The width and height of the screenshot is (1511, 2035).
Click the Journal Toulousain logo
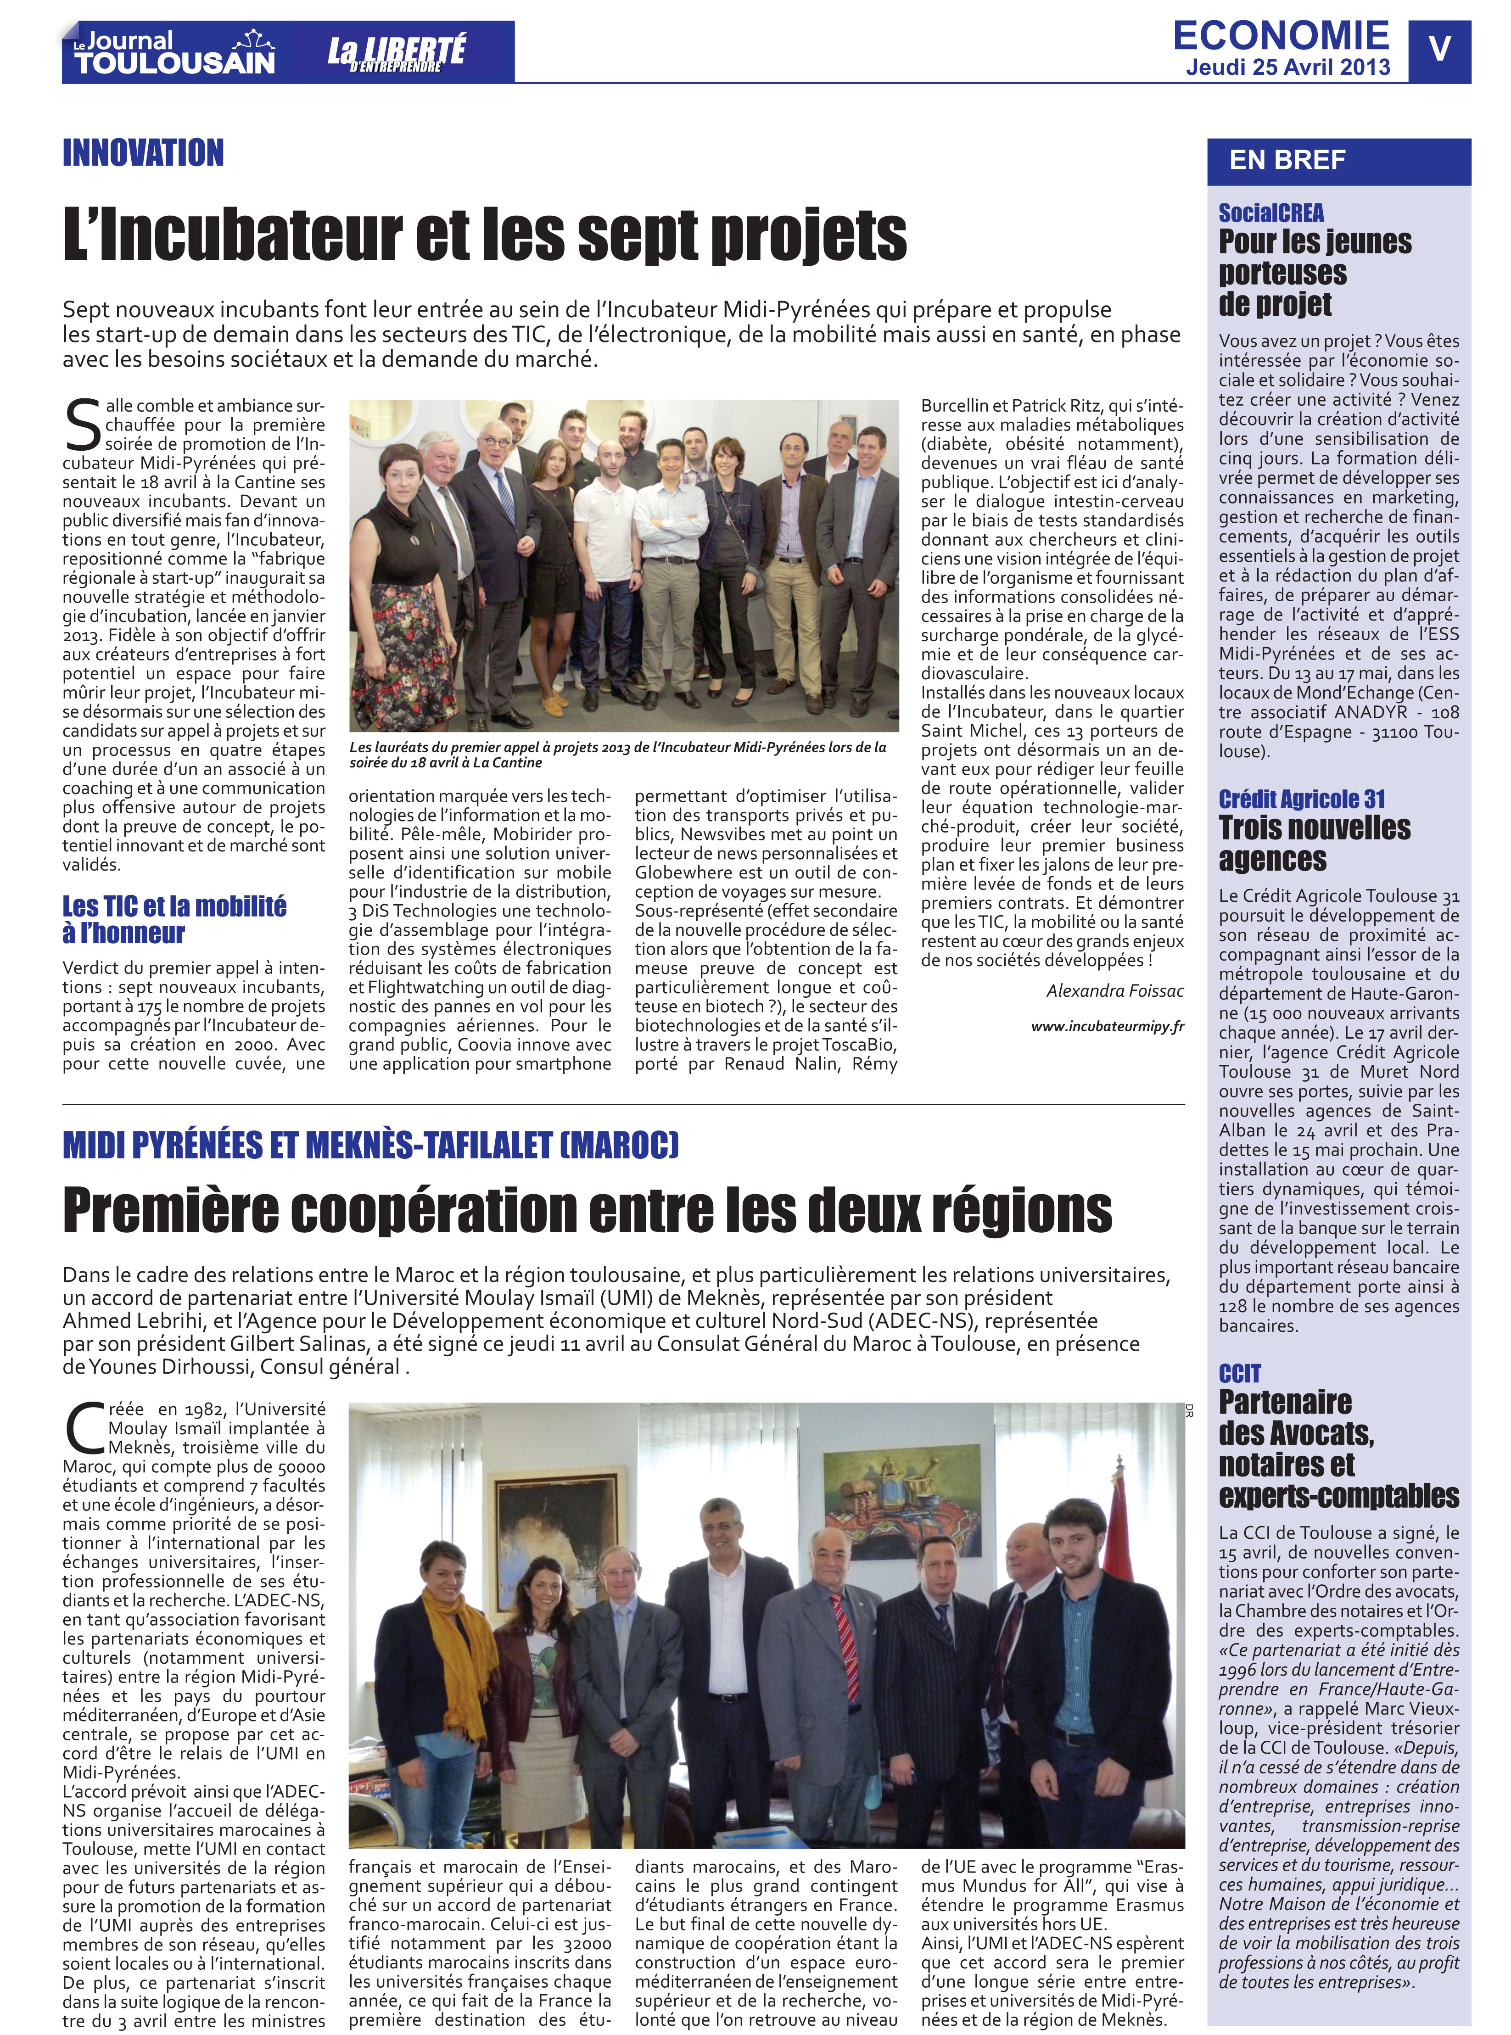point(174,53)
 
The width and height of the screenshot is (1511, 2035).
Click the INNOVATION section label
point(144,153)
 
